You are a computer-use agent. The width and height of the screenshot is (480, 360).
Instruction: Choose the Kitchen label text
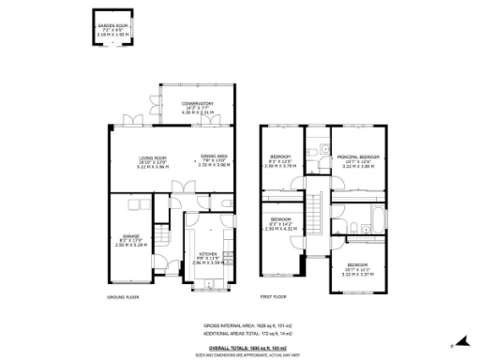pos(205,260)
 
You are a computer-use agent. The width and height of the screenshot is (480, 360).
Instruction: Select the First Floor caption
pos(273,297)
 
